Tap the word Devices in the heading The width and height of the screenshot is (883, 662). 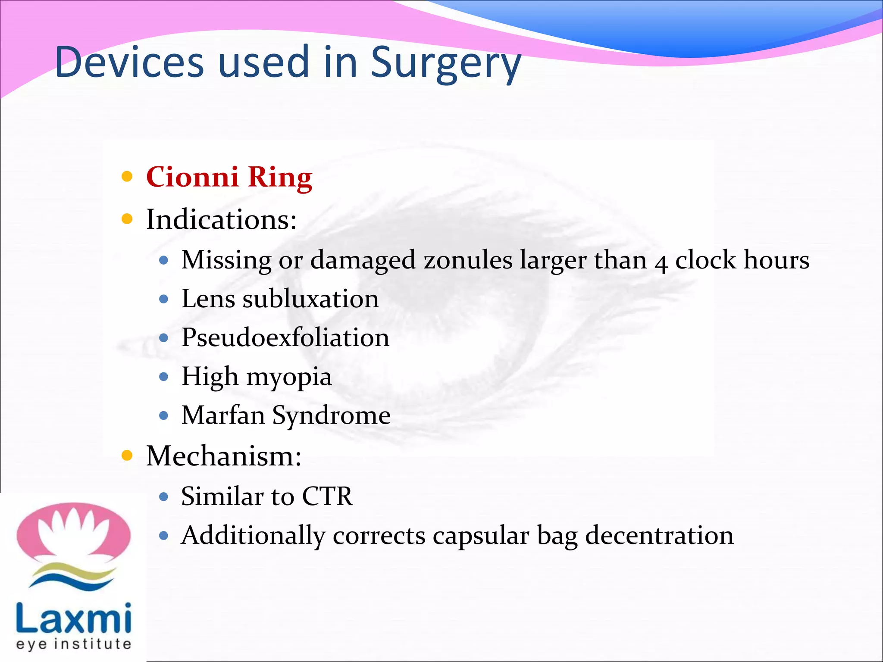(129, 62)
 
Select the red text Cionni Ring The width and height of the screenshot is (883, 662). (229, 177)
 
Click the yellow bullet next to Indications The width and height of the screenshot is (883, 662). (127, 219)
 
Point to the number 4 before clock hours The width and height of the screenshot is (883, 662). (661, 262)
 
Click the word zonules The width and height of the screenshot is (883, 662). (468, 260)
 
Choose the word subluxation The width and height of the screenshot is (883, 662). (310, 299)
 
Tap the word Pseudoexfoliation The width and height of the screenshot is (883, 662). (285, 337)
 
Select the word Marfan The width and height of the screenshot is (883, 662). (223, 415)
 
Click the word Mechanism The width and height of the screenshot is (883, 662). (223, 456)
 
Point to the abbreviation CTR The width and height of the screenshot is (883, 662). (327, 496)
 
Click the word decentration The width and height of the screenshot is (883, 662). (659, 535)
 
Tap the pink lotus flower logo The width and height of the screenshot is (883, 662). (73, 532)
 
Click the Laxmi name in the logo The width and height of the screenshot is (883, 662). (73, 618)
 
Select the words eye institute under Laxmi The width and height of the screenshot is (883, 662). (73, 644)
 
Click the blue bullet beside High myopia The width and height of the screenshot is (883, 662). (163, 377)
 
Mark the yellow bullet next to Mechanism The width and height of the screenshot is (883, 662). (127, 456)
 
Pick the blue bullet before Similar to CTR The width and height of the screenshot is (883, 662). (163, 496)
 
